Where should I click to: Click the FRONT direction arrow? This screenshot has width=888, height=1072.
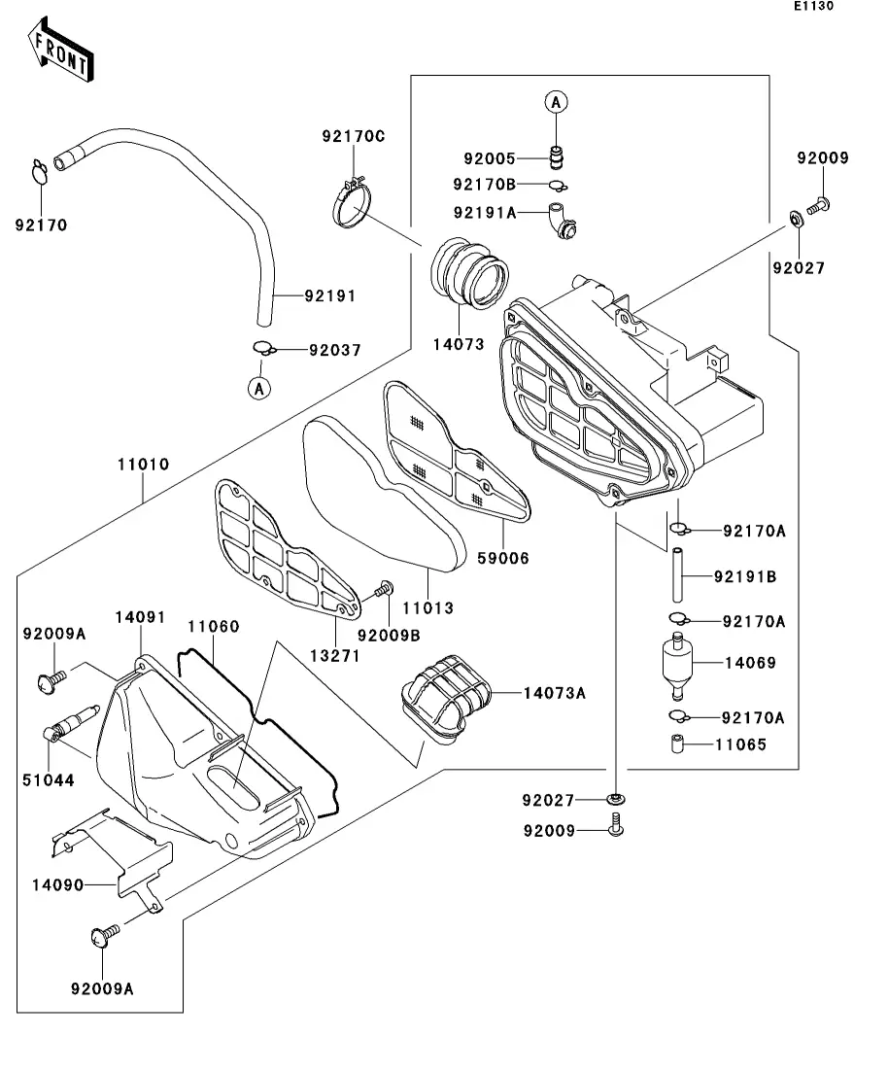(x=61, y=53)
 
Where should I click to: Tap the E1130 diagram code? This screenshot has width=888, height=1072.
(x=813, y=6)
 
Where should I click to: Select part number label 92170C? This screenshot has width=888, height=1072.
(x=354, y=136)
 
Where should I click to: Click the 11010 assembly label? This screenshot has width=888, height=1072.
(x=143, y=465)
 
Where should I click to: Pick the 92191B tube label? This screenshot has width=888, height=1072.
(x=744, y=576)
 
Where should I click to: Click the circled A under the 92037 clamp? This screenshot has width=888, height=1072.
(x=258, y=389)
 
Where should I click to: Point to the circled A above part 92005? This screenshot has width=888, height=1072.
(x=556, y=101)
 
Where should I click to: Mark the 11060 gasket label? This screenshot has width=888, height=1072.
(x=213, y=627)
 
